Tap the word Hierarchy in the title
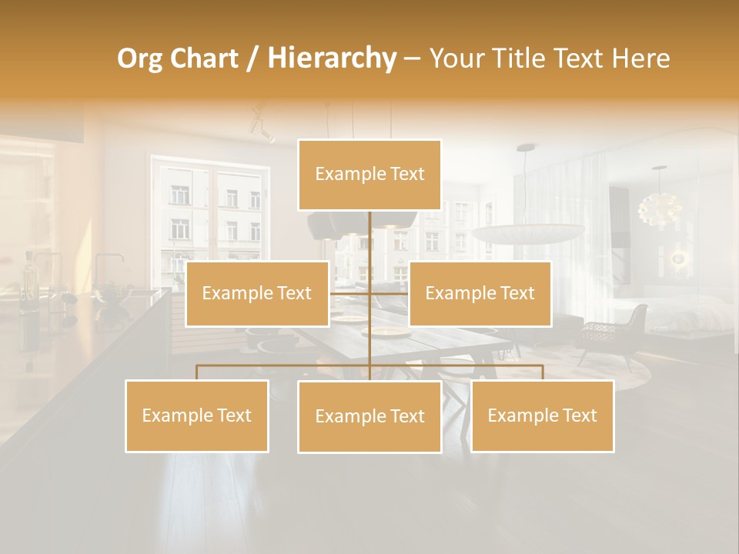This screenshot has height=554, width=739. coord(331,58)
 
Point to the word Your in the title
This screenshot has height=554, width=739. coord(456,58)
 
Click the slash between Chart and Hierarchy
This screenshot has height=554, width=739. coord(252,59)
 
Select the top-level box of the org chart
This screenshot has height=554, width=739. coord(369,175)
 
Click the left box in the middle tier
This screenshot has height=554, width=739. coord(257,293)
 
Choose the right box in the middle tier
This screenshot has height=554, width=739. coord(480,293)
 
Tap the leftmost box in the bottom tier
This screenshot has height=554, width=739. coord(196,415)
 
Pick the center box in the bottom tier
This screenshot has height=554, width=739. coord(369,416)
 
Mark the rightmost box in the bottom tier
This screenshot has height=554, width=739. coord(542,415)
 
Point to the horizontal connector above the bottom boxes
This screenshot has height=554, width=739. coord(285,365)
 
